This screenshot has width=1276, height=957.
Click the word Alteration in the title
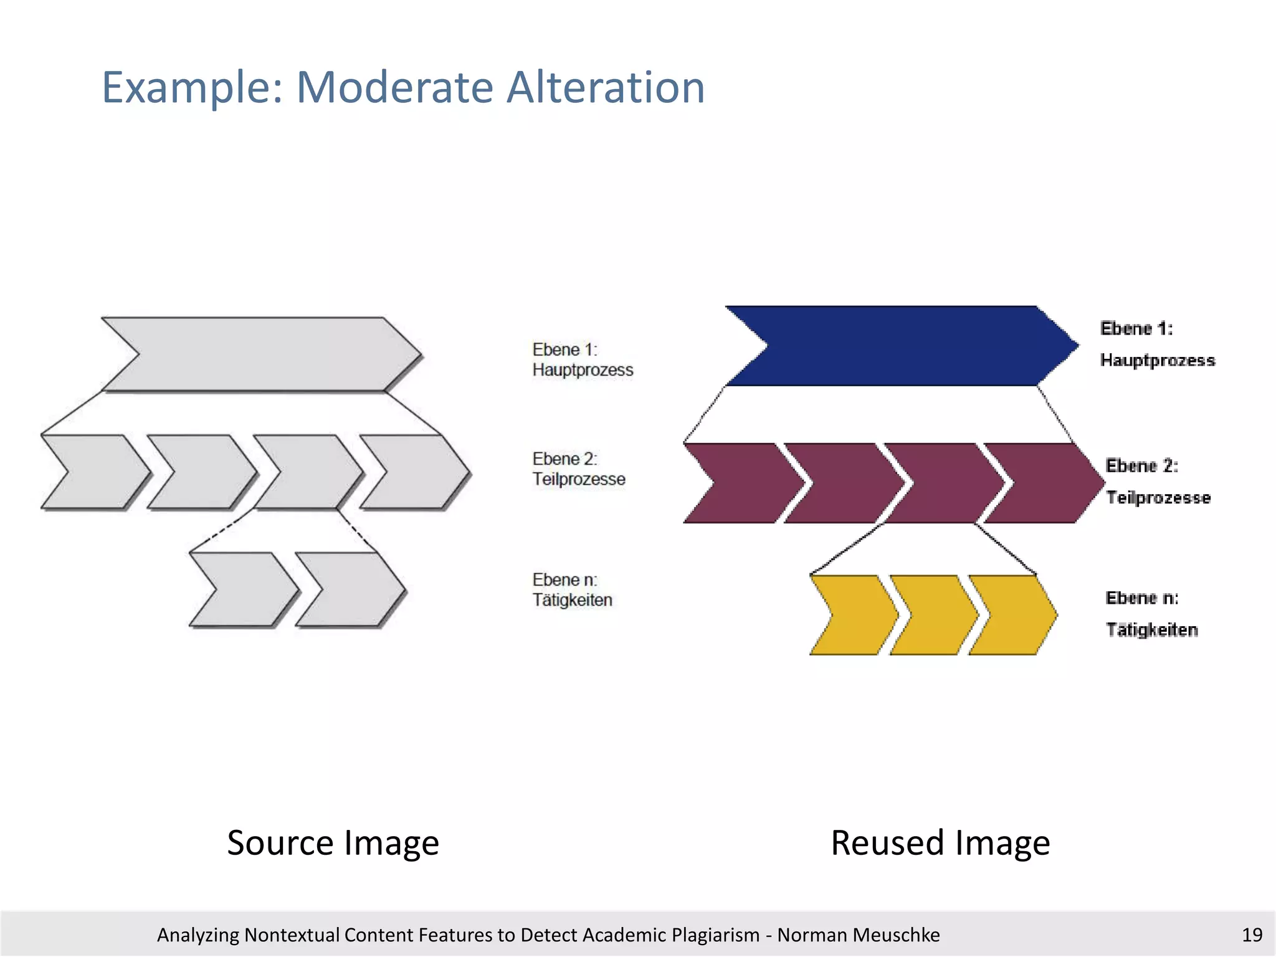pos(606,87)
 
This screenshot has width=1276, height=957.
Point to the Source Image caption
pos(333,843)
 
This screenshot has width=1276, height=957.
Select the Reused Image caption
pos(940,843)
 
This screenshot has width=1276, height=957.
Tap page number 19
pos(1252,935)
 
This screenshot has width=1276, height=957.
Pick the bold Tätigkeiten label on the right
pos(1151,630)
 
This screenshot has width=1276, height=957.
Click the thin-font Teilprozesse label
pos(579,479)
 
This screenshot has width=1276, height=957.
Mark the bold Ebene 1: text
pos(1136,328)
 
